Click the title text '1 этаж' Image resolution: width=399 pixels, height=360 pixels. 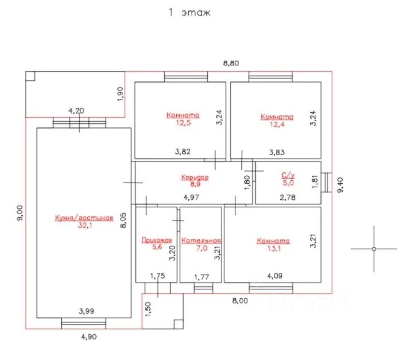(x=189, y=13)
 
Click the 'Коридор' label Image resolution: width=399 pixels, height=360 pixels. (x=195, y=177)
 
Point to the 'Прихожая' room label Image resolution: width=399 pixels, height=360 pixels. (x=156, y=241)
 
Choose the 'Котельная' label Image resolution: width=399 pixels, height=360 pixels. (x=201, y=241)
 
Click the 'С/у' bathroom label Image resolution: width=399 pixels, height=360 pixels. (x=288, y=175)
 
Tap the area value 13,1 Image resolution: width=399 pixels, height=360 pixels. (x=273, y=249)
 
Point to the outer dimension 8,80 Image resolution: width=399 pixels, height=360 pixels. (x=231, y=63)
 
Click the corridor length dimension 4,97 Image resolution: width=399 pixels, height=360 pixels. (x=192, y=198)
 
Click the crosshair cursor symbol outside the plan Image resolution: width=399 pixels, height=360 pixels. (x=374, y=249)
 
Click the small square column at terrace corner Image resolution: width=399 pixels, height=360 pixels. (x=30, y=76)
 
